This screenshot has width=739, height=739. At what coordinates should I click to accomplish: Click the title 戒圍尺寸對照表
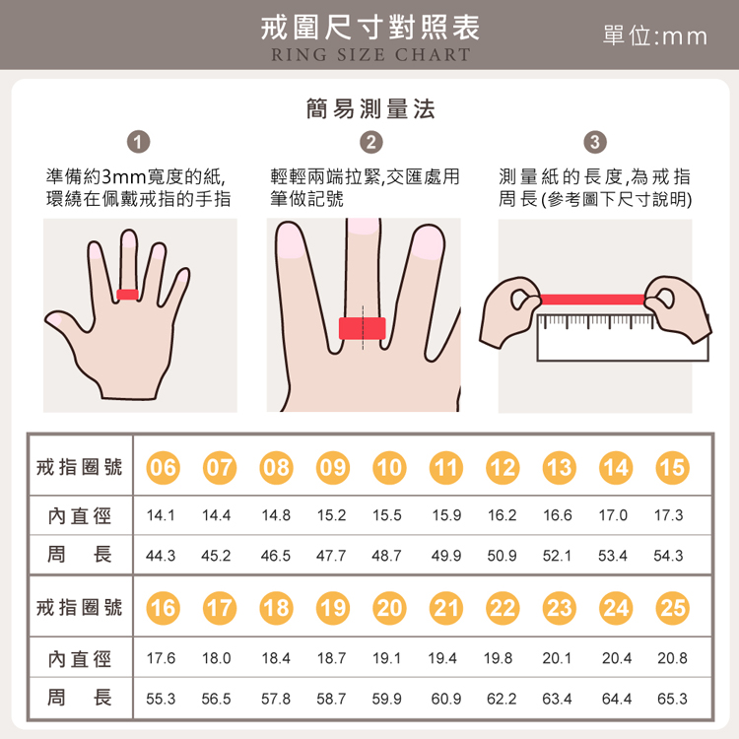[369, 27]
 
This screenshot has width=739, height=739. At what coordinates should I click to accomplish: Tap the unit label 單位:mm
[654, 36]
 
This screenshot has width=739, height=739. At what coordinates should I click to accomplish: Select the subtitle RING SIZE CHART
[370, 55]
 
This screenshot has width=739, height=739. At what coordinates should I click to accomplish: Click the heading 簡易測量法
[370, 108]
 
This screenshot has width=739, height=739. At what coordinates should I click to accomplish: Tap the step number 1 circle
[139, 143]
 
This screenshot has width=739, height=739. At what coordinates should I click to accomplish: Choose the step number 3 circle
[595, 143]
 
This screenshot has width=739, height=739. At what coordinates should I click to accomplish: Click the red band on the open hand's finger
[127, 294]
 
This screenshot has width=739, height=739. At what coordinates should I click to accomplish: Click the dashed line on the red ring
[362, 328]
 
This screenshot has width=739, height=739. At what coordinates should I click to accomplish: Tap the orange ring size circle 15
[671, 467]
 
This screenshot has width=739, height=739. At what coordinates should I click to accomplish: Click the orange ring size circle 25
[672, 608]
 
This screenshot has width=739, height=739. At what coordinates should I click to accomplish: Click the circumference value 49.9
[445, 556]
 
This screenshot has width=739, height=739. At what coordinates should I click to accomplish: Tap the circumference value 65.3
[672, 699]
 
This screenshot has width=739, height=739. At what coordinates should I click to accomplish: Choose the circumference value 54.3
[669, 556]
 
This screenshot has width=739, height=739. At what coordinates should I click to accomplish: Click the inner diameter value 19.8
[501, 657]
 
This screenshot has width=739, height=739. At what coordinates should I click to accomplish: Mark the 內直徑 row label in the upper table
[80, 515]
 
